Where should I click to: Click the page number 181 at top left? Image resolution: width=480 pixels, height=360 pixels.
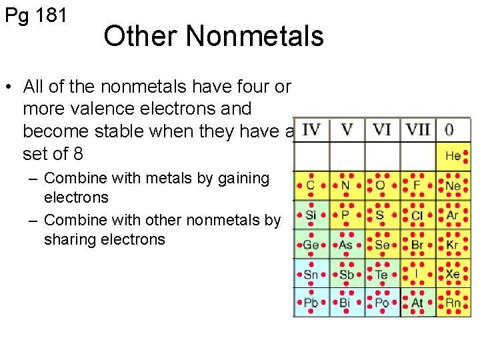point(51,15)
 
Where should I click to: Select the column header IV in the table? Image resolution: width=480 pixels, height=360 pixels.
point(311,129)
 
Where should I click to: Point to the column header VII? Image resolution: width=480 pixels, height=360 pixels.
point(418,129)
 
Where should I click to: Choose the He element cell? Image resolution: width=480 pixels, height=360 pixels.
point(453,156)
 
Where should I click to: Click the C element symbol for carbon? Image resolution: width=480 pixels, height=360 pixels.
point(311,185)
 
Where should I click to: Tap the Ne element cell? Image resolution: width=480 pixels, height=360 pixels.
point(453,185)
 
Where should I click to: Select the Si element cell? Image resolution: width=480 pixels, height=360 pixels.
point(311,215)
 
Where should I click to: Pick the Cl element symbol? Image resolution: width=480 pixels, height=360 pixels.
point(417,215)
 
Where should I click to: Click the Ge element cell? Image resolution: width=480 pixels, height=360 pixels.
point(311,245)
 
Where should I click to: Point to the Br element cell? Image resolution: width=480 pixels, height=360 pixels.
point(417,245)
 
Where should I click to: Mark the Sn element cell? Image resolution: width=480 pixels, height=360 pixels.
point(311,274)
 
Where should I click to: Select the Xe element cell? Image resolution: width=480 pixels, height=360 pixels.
point(453,274)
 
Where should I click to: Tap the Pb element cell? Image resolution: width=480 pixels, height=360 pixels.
point(311,303)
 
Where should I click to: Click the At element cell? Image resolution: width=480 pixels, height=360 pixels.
point(417,303)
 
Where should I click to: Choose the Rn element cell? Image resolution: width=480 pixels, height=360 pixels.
point(453,303)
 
